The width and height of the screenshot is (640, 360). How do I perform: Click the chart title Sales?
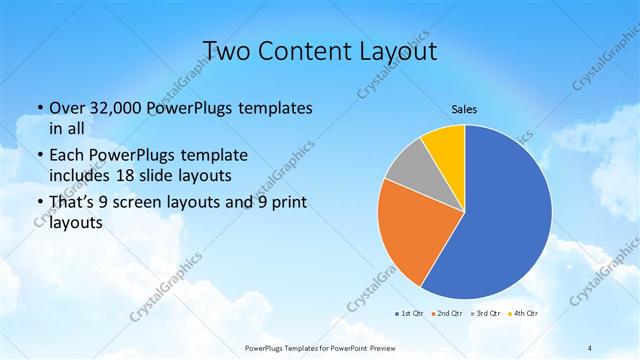[x=464, y=108]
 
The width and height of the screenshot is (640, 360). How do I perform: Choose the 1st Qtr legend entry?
[x=407, y=314]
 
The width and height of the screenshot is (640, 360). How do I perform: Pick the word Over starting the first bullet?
[x=68, y=108]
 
